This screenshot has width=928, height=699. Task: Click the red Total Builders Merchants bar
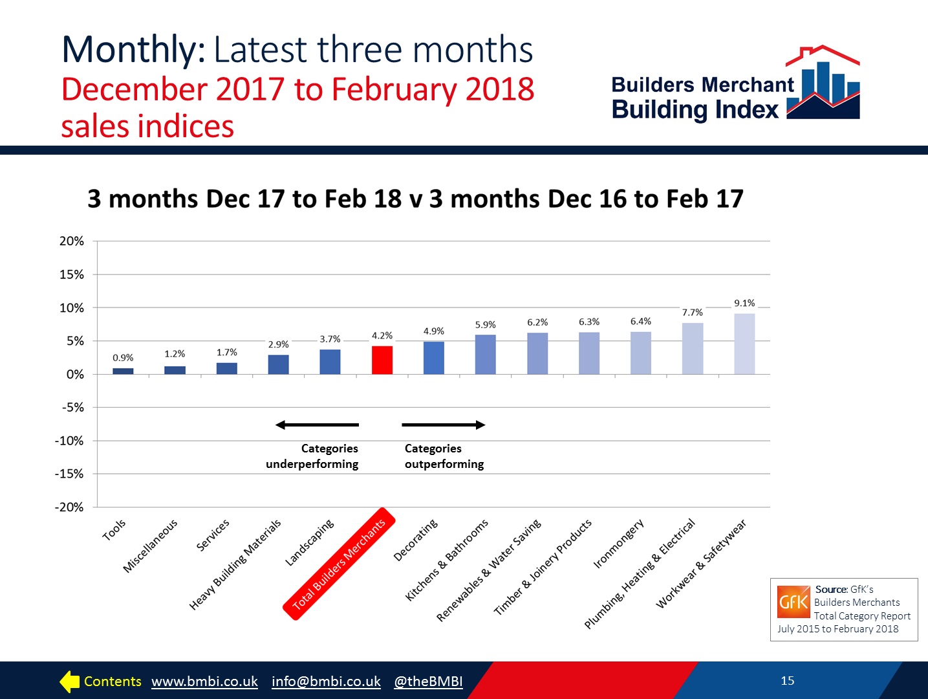pos(382,360)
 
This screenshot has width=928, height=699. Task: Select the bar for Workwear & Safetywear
pos(744,344)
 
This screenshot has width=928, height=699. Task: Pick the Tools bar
pos(123,371)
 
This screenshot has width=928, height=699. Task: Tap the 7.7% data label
pos(692,312)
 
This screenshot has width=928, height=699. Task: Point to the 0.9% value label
pos(123,357)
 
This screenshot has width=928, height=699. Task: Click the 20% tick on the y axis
pos(71,241)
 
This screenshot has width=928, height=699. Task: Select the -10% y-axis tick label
pos(69,441)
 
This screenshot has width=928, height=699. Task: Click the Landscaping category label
pos(310,542)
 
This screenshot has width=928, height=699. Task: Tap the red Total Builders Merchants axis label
pos(339,564)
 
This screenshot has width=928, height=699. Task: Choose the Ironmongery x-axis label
pos(618,543)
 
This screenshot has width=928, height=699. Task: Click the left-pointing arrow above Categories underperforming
pos(317,425)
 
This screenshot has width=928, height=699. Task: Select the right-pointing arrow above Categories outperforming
pos(444,425)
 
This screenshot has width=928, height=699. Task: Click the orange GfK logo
pos(793,602)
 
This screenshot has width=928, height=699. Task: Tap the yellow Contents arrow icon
pos(69,682)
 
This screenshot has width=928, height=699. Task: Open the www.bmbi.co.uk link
pos(204,682)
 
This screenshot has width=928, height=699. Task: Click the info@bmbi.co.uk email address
pos(326,682)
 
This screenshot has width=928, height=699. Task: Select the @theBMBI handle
pos(428,682)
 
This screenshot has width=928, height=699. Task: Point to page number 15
pos(787,680)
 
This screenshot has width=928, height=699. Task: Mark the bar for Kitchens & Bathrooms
pos(486,355)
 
